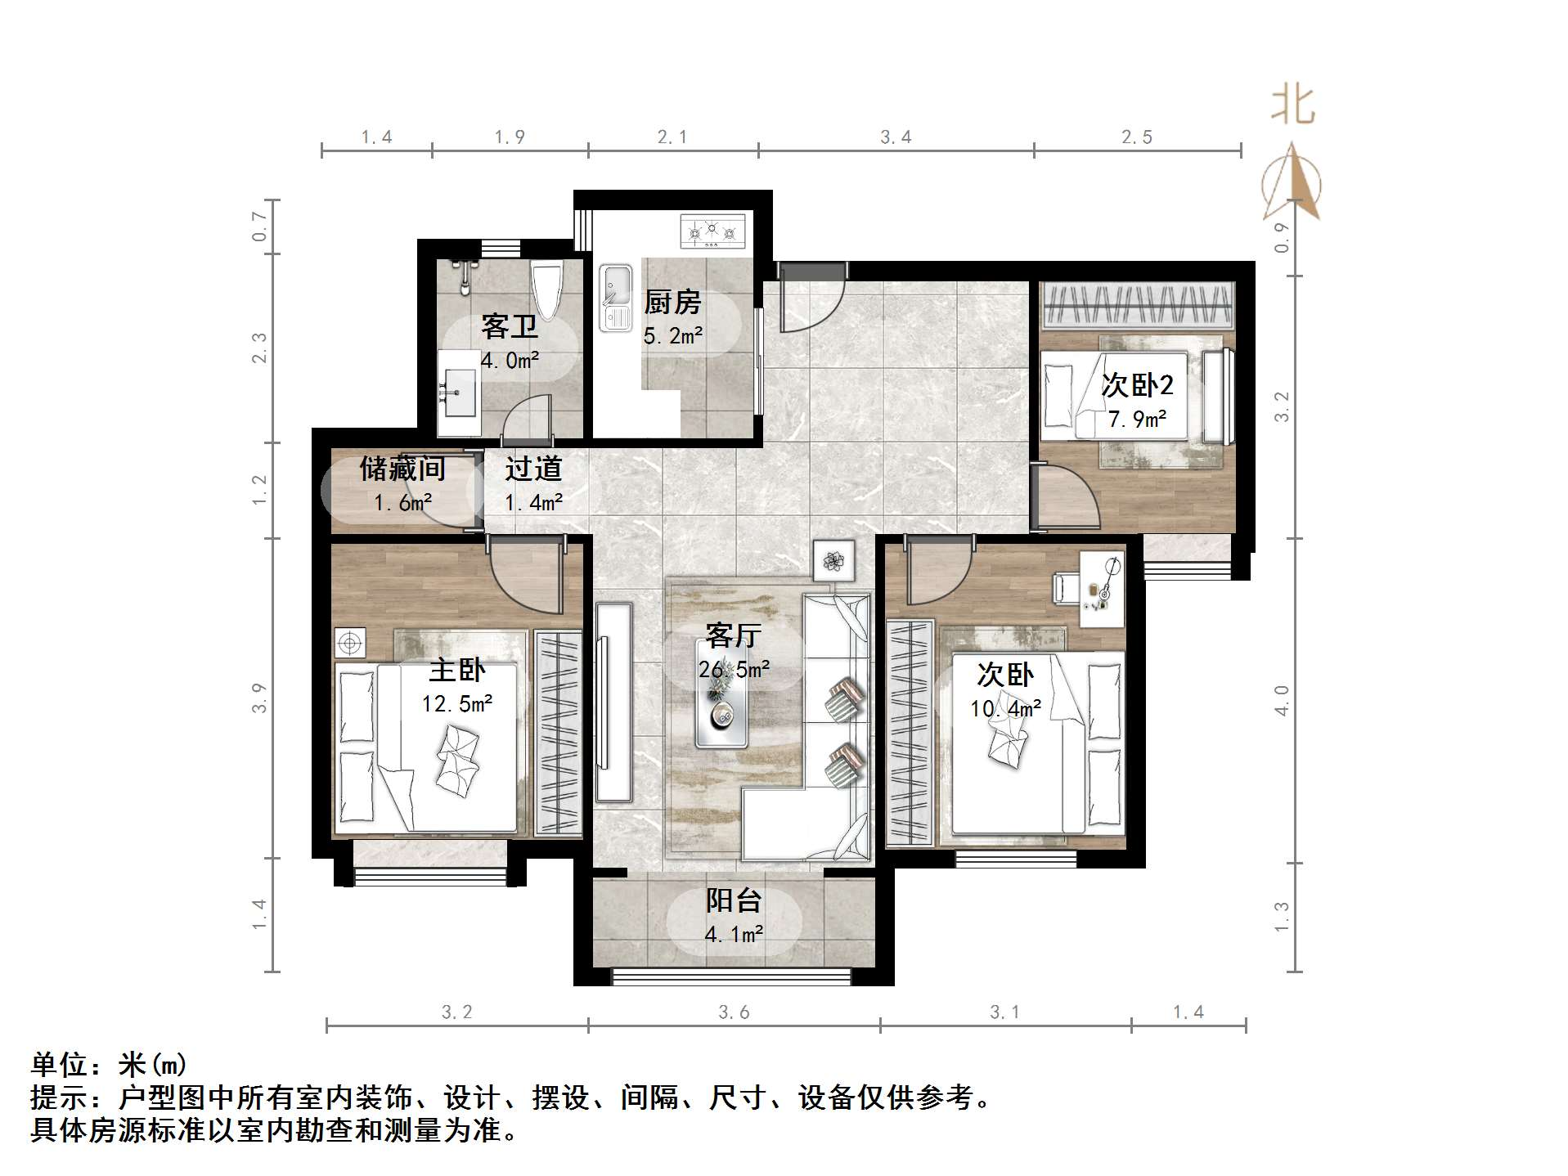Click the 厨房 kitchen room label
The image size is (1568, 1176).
pyautogui.click(x=672, y=303)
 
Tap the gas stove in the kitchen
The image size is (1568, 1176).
pyautogui.click(x=713, y=231)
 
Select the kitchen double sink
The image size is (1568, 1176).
pyautogui.click(x=616, y=298)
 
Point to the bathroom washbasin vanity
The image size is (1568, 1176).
pyautogui.click(x=459, y=393)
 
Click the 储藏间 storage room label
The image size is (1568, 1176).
pyautogui.click(x=402, y=469)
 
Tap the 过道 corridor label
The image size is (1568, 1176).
pyautogui.click(x=533, y=469)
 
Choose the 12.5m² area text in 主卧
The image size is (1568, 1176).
pyautogui.click(x=457, y=703)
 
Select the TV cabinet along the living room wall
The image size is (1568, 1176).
pyautogui.click(x=613, y=702)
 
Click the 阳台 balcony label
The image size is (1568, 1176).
pyautogui.click(x=734, y=900)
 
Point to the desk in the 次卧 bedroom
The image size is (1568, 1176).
pyautogui.click(x=1101, y=589)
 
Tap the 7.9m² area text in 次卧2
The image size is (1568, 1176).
pyautogui.click(x=1137, y=420)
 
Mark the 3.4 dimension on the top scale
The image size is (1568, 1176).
pyautogui.click(x=896, y=137)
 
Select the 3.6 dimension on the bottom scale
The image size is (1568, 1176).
pyautogui.click(x=734, y=1012)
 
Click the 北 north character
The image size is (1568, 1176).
pyautogui.click(x=1292, y=106)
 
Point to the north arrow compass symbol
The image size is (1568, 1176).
pyautogui.click(x=1292, y=184)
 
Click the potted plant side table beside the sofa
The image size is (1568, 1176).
pyautogui.click(x=833, y=561)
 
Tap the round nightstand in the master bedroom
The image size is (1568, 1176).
pyautogui.click(x=350, y=643)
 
